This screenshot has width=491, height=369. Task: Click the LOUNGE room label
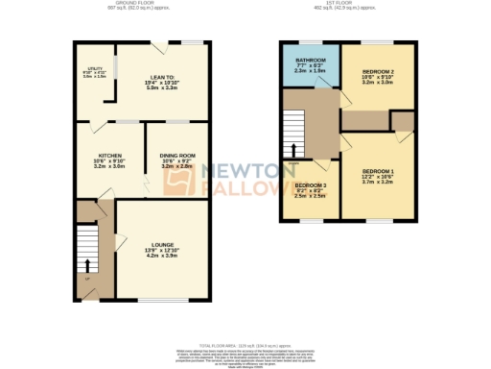click(161, 245)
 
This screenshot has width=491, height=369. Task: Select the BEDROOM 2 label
click(375, 71)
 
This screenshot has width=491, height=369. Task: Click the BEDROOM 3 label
click(311, 184)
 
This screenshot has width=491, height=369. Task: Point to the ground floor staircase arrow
click(88, 264)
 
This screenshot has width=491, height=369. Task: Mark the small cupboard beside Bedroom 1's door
click(403, 121)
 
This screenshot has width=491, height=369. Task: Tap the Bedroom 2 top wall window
click(375, 42)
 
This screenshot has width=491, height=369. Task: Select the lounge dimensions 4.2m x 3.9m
click(161, 257)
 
